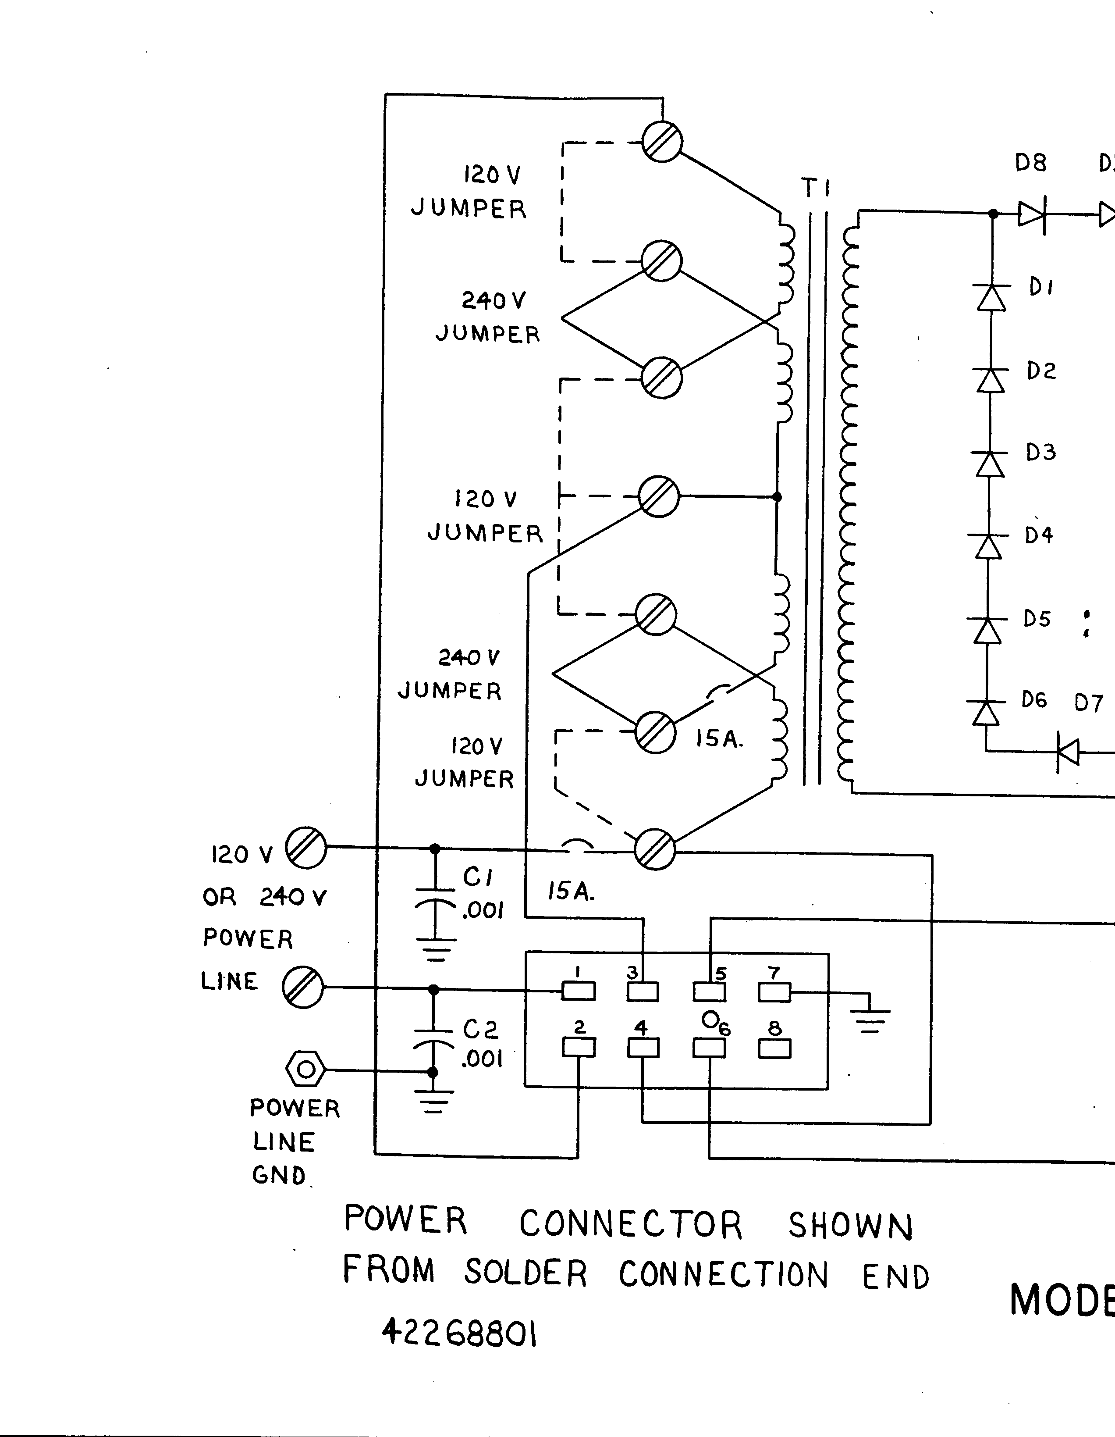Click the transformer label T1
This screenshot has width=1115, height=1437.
816,189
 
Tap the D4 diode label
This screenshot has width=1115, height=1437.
1039,535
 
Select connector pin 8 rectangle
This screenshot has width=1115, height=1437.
774,1048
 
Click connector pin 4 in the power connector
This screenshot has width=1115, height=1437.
643,1048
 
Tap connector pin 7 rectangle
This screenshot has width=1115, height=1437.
774,991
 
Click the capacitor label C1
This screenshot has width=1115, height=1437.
478,877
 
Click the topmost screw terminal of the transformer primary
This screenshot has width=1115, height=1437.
662,142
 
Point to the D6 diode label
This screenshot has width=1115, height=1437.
1033,700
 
